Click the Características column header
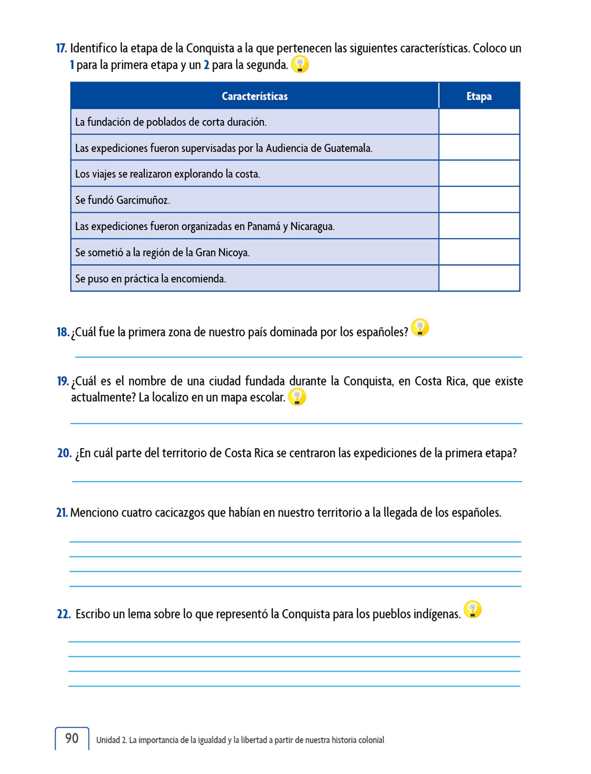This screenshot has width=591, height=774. coord(254,96)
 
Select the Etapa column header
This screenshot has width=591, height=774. coord(479,96)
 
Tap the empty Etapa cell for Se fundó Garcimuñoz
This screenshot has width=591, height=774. coord(479,200)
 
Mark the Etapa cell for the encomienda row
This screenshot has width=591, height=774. coord(479,278)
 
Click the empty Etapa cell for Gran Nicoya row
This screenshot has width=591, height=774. coord(479,252)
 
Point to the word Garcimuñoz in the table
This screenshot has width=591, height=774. coord(143,200)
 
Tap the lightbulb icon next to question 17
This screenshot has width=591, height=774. coord(300,65)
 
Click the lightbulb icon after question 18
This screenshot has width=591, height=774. coord(420,328)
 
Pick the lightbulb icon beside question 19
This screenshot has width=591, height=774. coord(297,398)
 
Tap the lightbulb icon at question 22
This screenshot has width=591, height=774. coord(472,609)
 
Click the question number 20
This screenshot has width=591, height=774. coord(64,453)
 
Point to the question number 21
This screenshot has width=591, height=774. coord(62,512)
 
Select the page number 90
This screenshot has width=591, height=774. coord(72,738)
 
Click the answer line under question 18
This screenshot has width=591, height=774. coord(299,356)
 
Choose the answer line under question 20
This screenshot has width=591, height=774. coord(297,481)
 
